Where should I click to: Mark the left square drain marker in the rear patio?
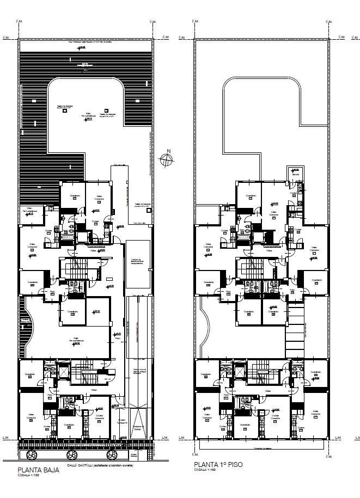tap(65, 110)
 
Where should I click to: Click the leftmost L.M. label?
tap(7, 437)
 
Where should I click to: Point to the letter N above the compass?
tap(169, 151)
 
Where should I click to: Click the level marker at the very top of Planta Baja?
tap(82, 48)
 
